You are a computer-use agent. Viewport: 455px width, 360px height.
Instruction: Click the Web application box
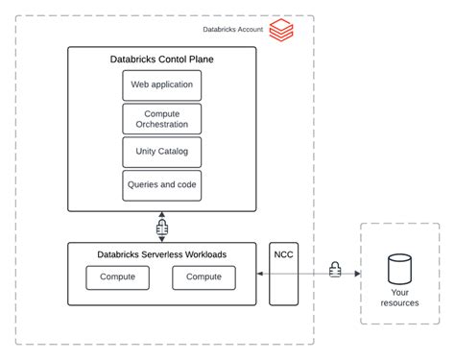click(162, 84)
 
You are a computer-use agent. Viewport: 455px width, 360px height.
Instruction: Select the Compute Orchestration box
click(162, 118)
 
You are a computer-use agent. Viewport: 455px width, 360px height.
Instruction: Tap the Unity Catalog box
click(162, 152)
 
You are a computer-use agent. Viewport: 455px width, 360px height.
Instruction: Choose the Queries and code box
click(162, 184)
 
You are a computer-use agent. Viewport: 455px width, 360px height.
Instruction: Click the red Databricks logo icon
click(280, 31)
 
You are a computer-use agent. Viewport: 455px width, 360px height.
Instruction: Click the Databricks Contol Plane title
click(162, 60)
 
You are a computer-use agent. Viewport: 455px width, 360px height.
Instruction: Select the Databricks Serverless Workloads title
click(162, 254)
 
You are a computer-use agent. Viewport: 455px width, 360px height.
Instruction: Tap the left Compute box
click(118, 277)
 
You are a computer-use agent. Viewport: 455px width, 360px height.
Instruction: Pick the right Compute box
click(204, 277)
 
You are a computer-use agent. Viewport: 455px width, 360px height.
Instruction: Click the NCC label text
click(284, 254)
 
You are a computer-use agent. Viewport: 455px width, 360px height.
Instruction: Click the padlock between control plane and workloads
click(162, 228)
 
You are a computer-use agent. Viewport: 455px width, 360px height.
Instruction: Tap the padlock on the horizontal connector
click(335, 272)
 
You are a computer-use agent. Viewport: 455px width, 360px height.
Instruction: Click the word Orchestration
click(162, 125)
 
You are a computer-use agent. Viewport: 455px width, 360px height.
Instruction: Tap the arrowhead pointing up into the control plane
click(162, 214)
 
